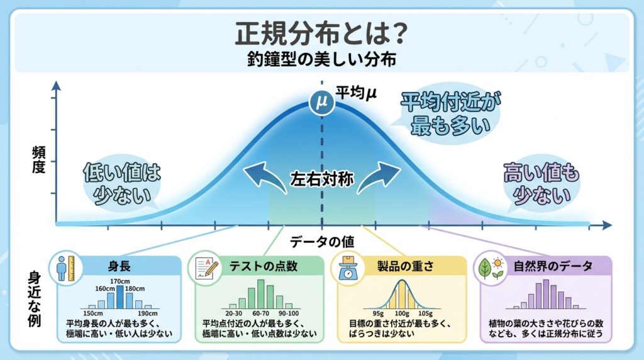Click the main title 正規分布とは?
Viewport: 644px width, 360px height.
coord(321,35)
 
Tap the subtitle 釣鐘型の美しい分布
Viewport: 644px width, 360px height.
coord(321,62)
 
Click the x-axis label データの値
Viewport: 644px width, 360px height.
coord(321,240)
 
